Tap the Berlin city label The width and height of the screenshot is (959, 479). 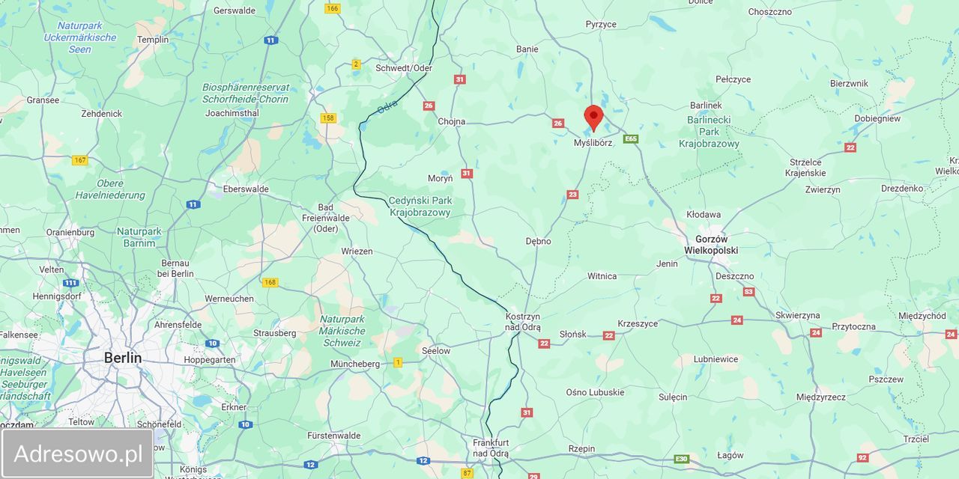pyautogui.click(x=123, y=358)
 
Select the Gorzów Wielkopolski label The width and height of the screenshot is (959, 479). pyautogui.click(x=711, y=245)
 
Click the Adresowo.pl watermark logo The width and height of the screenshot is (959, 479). pyautogui.click(x=78, y=454)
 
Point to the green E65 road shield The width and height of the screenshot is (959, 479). pyautogui.click(x=631, y=138)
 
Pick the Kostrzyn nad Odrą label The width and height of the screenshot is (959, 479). pyautogui.click(x=523, y=322)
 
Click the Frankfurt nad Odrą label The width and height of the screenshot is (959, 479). pyautogui.click(x=491, y=448)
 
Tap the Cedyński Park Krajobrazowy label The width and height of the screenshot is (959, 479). pyautogui.click(x=420, y=207)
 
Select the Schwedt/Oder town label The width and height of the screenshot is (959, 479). pyautogui.click(x=404, y=67)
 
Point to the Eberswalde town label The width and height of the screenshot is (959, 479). pyautogui.click(x=246, y=189)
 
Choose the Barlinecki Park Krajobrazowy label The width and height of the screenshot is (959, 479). pyautogui.click(x=709, y=132)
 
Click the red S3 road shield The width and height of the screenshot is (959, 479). pyautogui.click(x=748, y=292)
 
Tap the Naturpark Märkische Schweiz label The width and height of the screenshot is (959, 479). pyautogui.click(x=342, y=331)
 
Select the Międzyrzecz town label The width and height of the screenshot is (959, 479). pyautogui.click(x=821, y=397)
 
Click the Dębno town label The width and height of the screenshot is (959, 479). pyautogui.click(x=538, y=241)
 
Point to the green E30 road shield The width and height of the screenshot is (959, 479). pyautogui.click(x=681, y=459)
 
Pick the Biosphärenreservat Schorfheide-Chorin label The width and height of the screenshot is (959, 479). pyautogui.click(x=246, y=93)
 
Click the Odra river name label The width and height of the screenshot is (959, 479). pyautogui.click(x=387, y=109)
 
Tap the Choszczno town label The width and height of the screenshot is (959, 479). pyautogui.click(x=769, y=12)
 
